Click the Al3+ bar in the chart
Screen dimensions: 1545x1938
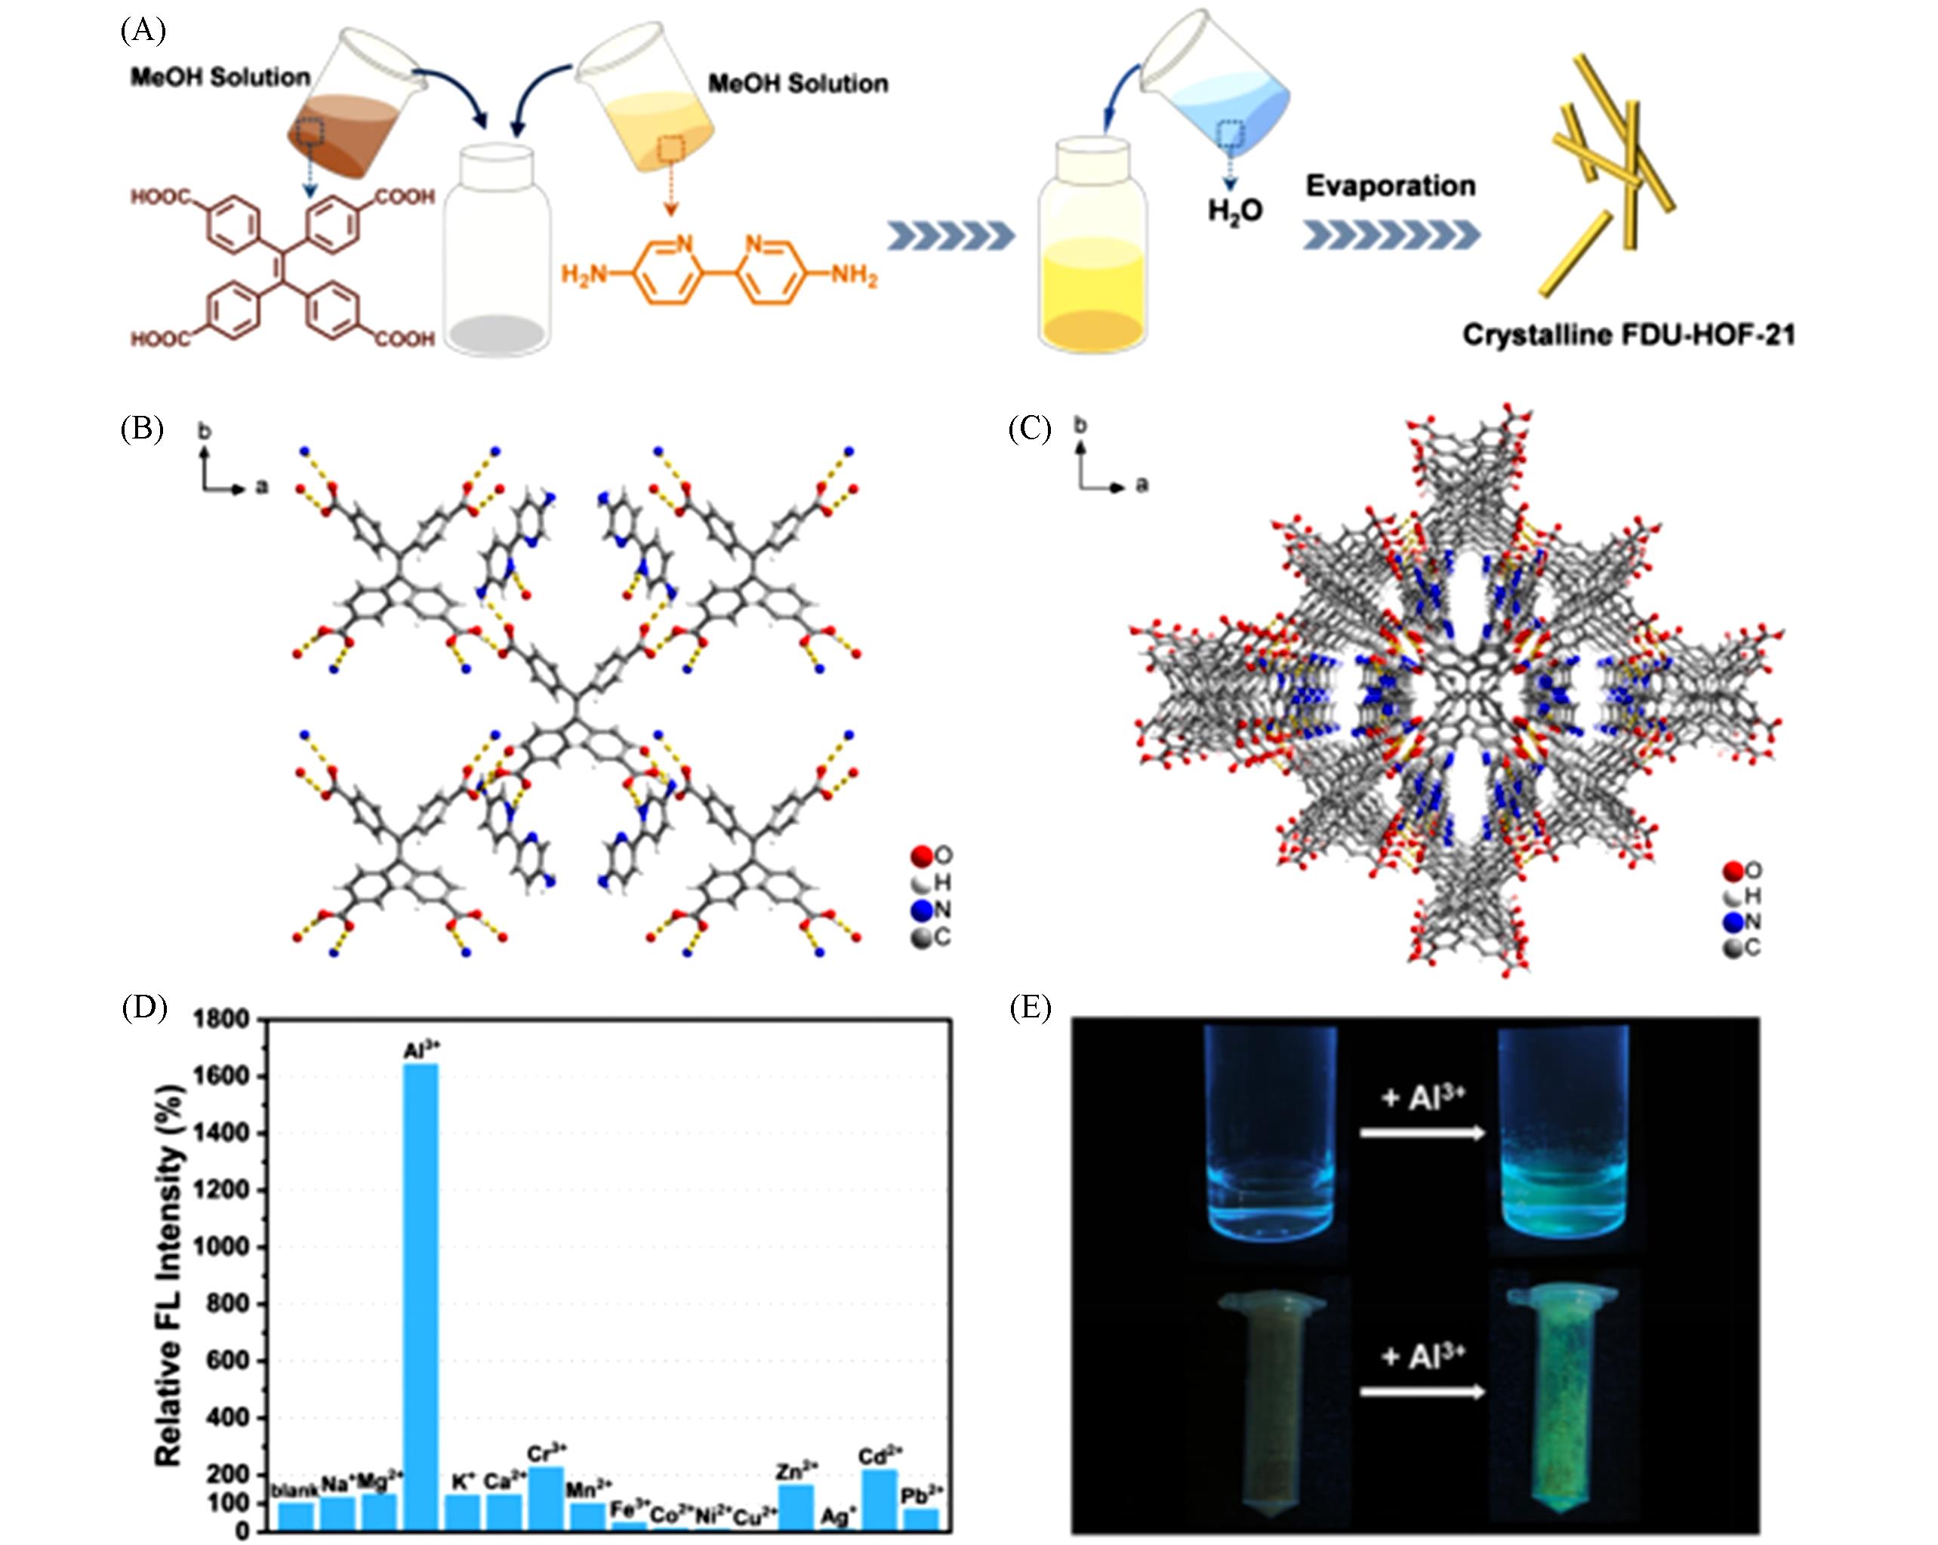[421, 1294]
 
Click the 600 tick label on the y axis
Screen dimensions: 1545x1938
[230, 1361]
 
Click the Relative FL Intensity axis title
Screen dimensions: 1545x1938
[169, 1276]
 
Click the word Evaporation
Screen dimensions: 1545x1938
[1390, 186]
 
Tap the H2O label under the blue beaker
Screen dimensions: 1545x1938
[1235, 211]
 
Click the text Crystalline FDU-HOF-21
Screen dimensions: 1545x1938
[1628, 335]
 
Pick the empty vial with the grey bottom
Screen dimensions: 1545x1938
[498, 256]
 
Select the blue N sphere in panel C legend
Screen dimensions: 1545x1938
[1733, 922]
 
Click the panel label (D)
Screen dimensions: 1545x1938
[144, 1008]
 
